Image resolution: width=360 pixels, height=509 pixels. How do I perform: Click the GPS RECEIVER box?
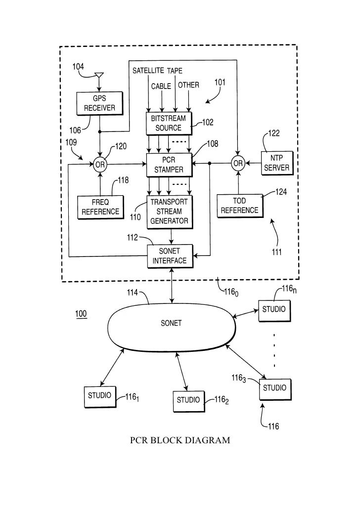(x=100, y=103)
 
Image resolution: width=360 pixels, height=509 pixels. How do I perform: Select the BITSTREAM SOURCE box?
(x=169, y=124)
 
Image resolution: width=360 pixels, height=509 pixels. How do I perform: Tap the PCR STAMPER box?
(x=169, y=165)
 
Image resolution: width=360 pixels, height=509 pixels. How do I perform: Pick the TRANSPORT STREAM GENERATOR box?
(x=170, y=212)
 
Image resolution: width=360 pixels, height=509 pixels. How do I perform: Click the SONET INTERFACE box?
(x=170, y=256)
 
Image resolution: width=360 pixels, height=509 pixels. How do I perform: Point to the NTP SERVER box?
(x=277, y=163)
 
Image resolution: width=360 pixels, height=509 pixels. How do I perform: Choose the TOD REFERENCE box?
(x=240, y=206)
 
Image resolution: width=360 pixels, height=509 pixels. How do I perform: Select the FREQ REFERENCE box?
(x=100, y=207)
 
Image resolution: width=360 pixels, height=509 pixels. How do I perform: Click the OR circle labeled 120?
(x=100, y=165)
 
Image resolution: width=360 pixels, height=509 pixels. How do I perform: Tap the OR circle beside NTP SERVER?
(x=238, y=163)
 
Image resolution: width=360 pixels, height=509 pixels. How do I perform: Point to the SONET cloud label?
(x=171, y=323)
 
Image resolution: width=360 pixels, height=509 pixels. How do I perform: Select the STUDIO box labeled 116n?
(x=274, y=311)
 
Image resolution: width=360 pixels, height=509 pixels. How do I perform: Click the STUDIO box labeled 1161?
(x=100, y=397)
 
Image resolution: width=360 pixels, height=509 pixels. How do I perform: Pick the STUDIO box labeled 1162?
(x=189, y=401)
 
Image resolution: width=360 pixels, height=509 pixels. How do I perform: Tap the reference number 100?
(x=81, y=314)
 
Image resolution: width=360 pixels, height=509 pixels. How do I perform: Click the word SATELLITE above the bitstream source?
(x=148, y=71)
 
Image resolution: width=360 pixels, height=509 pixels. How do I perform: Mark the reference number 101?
(x=220, y=82)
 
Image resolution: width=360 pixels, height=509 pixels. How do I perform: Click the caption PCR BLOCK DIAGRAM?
(x=180, y=440)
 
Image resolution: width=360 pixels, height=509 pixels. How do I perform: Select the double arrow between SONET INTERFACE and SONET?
(x=172, y=286)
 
